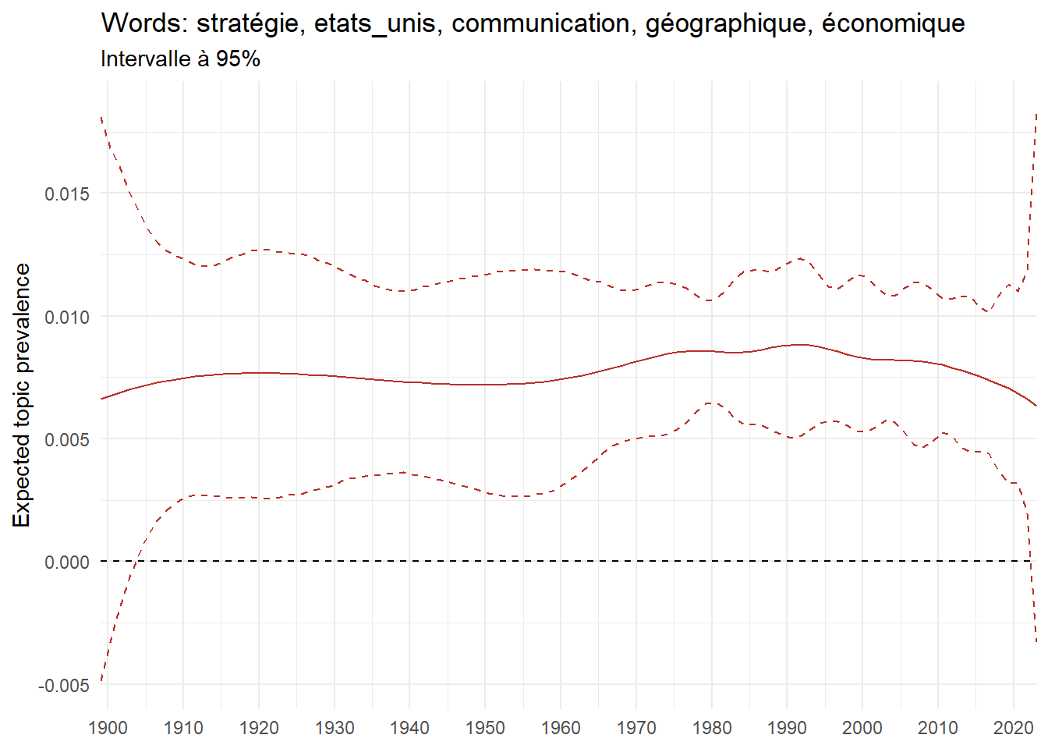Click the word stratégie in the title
248,23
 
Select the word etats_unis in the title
374,23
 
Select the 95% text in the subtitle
238,59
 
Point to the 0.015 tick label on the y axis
67,193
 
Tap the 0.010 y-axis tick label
67,317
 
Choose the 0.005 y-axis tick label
67,439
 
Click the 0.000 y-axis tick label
67,562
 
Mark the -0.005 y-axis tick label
64,685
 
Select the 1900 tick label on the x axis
108,728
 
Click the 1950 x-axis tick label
485,728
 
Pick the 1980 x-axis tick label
711,728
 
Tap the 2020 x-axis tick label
1013,728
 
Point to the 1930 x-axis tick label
334,728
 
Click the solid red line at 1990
787,346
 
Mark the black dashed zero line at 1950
485,561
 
